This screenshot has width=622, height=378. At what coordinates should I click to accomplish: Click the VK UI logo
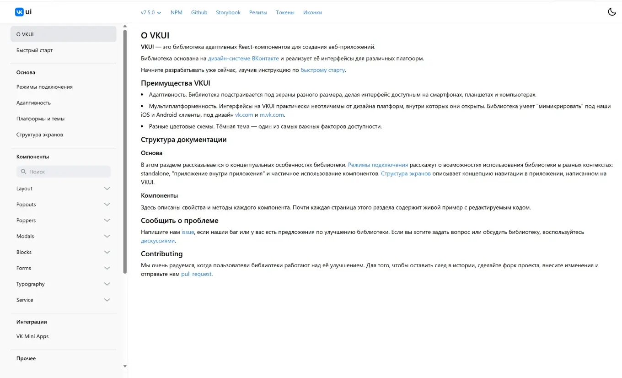click(23, 12)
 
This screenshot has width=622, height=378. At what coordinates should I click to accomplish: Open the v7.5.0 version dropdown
click(151, 12)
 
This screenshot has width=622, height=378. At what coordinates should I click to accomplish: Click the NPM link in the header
click(177, 12)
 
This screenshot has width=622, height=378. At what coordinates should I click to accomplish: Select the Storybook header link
click(228, 12)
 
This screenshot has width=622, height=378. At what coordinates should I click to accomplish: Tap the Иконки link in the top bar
click(312, 12)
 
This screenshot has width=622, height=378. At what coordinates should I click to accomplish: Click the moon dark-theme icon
click(611, 12)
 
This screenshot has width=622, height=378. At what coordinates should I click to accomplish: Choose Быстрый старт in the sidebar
click(35, 50)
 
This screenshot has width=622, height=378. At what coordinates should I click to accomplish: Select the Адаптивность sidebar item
click(33, 103)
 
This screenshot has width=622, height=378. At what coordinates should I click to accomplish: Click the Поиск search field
click(64, 172)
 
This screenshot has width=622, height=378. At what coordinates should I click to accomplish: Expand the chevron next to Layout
click(107, 189)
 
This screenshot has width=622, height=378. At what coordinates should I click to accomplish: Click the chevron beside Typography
click(107, 284)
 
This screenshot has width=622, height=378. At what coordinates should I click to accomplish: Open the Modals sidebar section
click(25, 236)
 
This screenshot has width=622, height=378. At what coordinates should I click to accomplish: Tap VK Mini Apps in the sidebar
click(32, 336)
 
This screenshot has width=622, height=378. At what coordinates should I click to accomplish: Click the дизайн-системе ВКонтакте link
click(243, 59)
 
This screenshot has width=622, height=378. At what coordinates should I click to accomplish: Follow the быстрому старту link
click(322, 70)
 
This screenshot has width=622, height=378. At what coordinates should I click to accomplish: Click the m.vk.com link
click(272, 115)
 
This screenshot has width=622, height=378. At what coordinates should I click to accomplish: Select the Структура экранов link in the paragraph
click(406, 174)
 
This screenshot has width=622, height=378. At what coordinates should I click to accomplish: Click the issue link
click(188, 232)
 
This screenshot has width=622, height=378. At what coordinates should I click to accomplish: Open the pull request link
click(196, 274)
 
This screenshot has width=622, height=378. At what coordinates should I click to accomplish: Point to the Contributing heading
click(161, 254)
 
